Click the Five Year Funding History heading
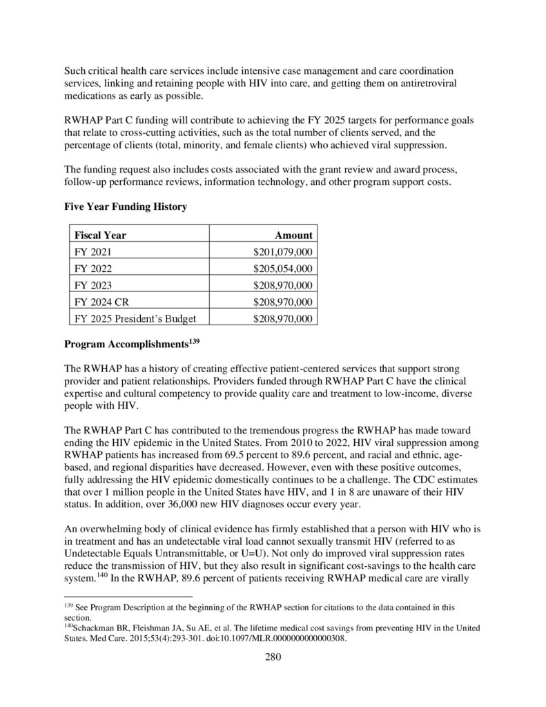126,206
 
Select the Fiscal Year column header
100,235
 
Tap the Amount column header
293,235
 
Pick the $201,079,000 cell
283,252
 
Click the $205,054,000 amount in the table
283,269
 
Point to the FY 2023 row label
93,285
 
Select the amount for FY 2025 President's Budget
283,318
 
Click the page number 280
273,657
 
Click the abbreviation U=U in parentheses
281,554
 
